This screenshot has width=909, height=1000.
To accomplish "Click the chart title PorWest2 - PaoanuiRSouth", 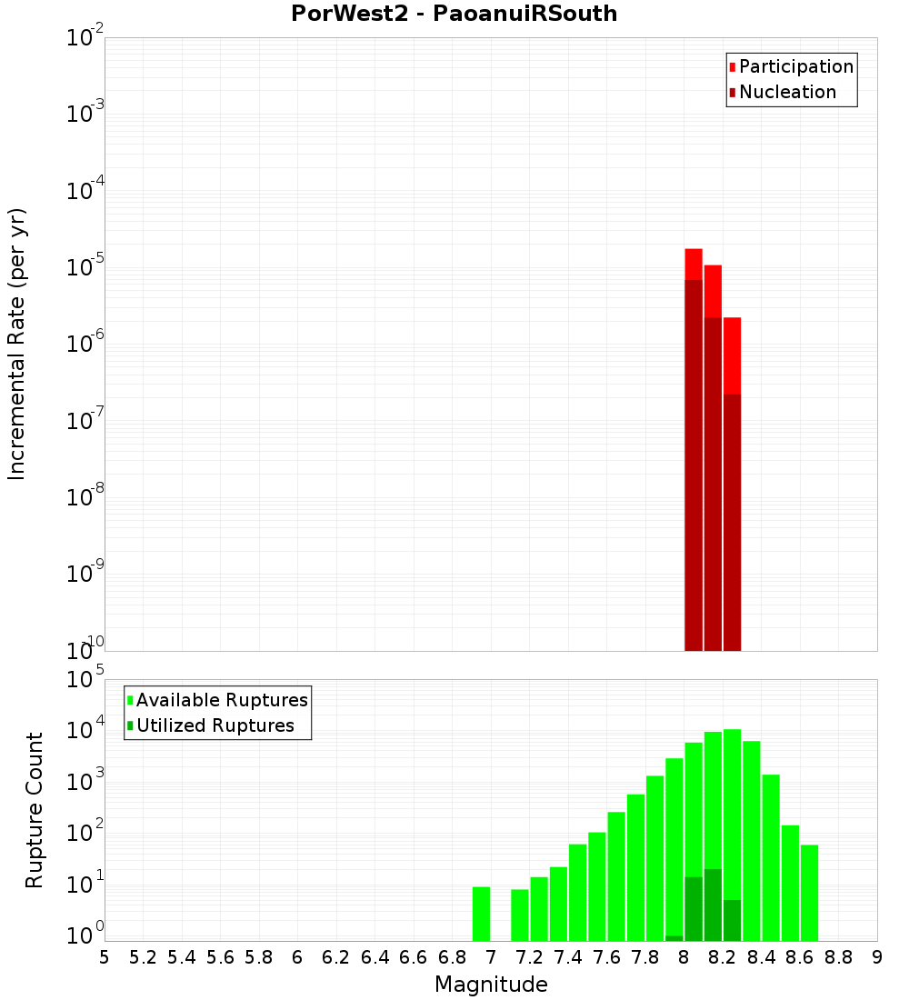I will (454, 14).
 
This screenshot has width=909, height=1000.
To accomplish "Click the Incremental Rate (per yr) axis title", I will (17, 344).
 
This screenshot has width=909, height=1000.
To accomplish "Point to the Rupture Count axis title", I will (35, 810).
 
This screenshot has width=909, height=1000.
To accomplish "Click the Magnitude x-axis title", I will (491, 985).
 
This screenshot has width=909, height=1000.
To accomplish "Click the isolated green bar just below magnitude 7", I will (482, 914).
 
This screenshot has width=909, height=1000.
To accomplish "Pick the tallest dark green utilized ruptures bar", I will (713, 905).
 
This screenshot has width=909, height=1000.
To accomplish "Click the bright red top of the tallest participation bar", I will (694, 264).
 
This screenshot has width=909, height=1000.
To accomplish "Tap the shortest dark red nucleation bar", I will (733, 523).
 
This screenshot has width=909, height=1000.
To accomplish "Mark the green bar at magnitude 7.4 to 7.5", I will (578, 892).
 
